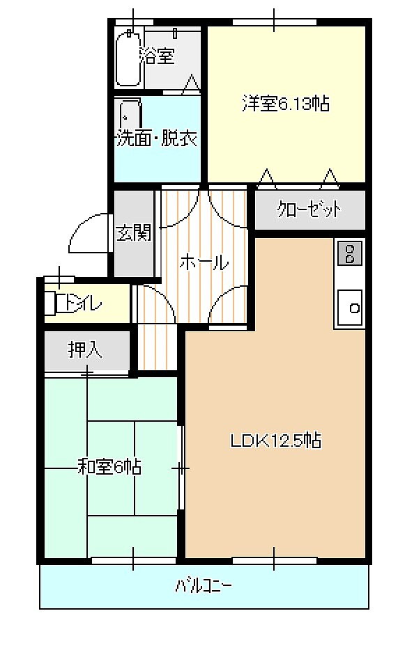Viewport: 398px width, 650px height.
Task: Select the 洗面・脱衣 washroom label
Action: tap(157, 138)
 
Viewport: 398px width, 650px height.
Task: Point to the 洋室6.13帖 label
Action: tap(286, 104)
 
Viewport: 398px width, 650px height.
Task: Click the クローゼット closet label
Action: tap(309, 209)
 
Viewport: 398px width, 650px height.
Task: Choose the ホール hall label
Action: tap(204, 262)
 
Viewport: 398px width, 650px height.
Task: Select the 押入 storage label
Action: tap(85, 350)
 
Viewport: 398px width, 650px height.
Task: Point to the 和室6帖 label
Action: tap(109, 467)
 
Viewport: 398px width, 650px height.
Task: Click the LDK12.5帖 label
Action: tap(276, 441)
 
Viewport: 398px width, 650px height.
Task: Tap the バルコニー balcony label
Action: tap(203, 586)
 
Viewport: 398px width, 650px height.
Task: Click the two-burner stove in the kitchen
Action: tap(350, 253)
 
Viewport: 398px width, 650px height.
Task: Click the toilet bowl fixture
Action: tap(51, 304)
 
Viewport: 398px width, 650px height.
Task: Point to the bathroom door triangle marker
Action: tap(190, 84)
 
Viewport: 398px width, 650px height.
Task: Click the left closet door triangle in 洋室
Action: tap(266, 178)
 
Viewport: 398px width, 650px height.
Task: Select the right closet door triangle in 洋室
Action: tap(330, 178)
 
